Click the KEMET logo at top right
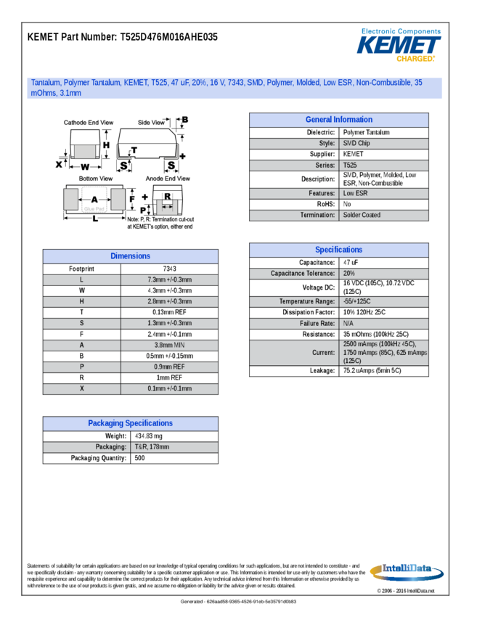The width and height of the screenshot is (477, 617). pos(399,44)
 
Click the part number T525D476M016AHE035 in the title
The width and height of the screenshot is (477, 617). pos(168,37)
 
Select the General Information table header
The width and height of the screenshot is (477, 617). pos(338,120)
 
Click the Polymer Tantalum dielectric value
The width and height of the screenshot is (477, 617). pos(366,133)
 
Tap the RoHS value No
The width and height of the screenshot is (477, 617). pos(348,204)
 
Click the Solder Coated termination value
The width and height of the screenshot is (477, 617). pos(362,215)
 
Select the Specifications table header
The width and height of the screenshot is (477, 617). pos(338,250)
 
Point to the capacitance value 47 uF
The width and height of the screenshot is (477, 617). pos(351,262)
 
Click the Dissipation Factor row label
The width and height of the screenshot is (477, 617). pos(308,312)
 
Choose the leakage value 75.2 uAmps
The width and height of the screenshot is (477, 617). pos(371,371)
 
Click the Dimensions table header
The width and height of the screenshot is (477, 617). pos(131,256)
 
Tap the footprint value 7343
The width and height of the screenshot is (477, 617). pos(170,269)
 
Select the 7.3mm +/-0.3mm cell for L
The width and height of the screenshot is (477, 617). pos(170,279)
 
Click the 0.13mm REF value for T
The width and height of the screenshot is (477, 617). pos(170,312)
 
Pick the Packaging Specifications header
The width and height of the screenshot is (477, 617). pos(131,423)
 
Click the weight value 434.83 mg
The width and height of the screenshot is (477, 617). pos(149,436)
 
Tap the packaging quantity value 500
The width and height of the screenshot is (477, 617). pos(140,458)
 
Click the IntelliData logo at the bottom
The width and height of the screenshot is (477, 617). pos(402,571)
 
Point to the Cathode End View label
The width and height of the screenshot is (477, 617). pos(89,123)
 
